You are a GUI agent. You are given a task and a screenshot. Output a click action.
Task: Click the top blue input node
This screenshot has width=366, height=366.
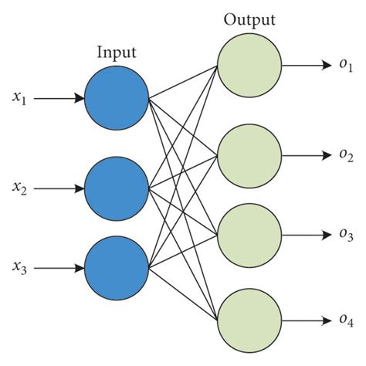tap(116, 98)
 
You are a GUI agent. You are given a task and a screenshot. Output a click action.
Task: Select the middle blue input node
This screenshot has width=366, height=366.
tap(116, 187)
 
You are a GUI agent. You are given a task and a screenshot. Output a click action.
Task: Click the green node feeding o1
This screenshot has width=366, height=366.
tap(249, 66)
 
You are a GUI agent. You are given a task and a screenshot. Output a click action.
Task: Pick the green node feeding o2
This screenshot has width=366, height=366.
tap(249, 154)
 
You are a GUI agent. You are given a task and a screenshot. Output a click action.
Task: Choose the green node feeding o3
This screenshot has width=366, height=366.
tap(249, 234)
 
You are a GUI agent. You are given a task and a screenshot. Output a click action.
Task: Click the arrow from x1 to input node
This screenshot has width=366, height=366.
tap(59, 98)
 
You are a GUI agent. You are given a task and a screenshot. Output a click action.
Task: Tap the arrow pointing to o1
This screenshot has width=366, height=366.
tap(309, 66)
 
